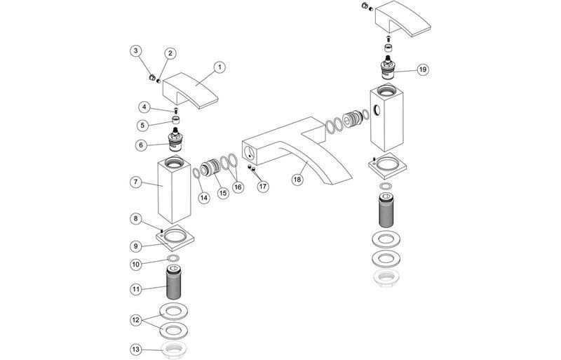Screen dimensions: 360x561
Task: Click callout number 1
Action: (219, 67)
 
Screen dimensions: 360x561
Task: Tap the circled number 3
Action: (136, 51)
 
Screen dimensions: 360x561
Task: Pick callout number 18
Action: (297, 180)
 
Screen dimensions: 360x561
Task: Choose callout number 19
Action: (422, 69)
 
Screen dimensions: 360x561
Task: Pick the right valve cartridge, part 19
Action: (386, 69)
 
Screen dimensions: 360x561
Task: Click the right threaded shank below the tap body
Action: (386, 210)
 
